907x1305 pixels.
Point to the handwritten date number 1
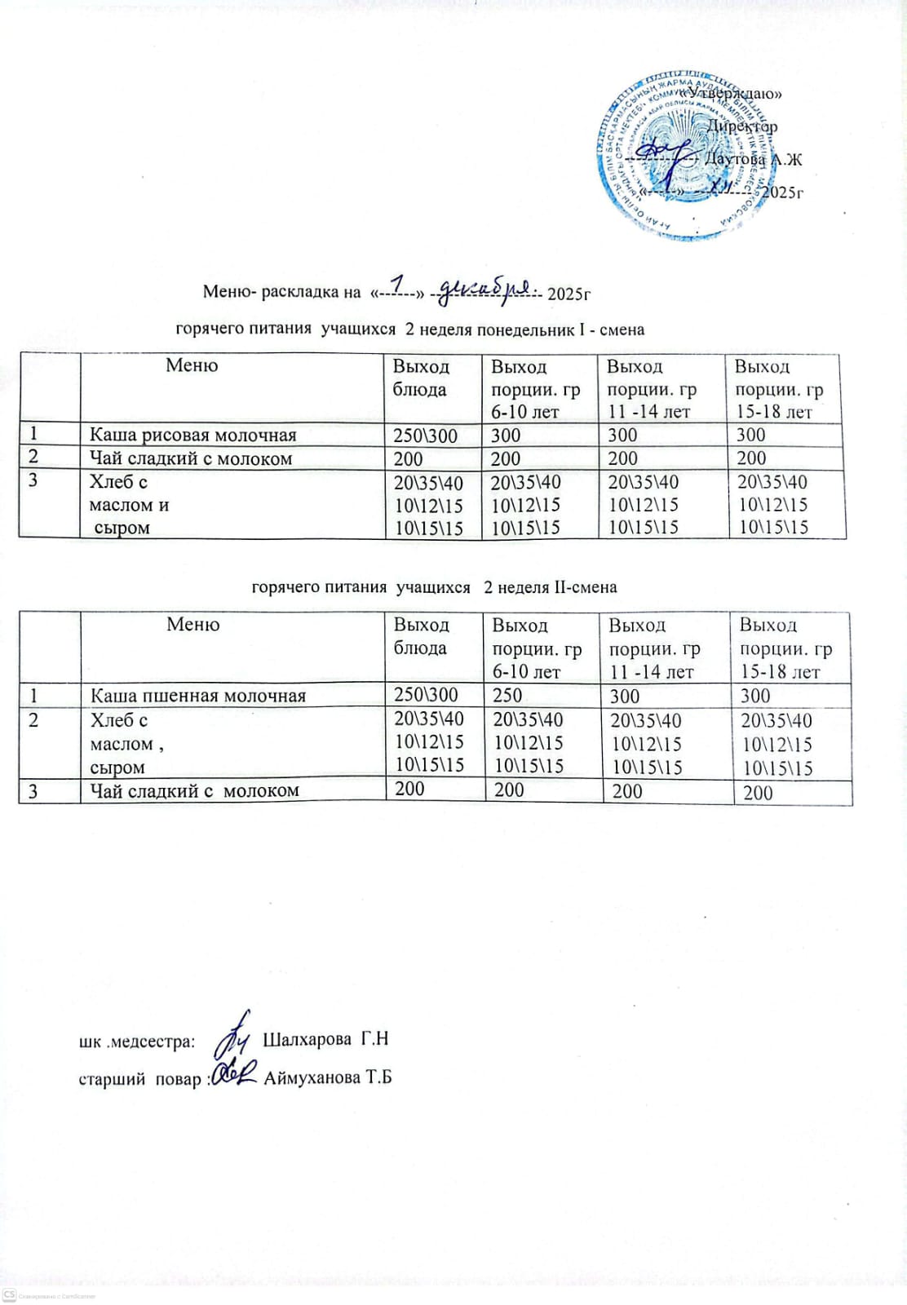tap(398, 284)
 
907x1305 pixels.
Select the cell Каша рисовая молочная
tap(192, 436)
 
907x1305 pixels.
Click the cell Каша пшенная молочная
tap(197, 696)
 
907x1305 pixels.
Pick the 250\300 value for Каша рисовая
tap(425, 436)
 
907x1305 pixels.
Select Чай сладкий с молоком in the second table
tap(194, 790)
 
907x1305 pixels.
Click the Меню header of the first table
tap(192, 365)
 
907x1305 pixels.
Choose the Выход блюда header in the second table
tap(422, 636)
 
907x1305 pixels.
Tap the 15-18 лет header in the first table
tap(774, 412)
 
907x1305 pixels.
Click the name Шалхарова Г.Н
tap(325, 1039)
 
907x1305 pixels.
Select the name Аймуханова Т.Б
tap(328, 1077)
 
